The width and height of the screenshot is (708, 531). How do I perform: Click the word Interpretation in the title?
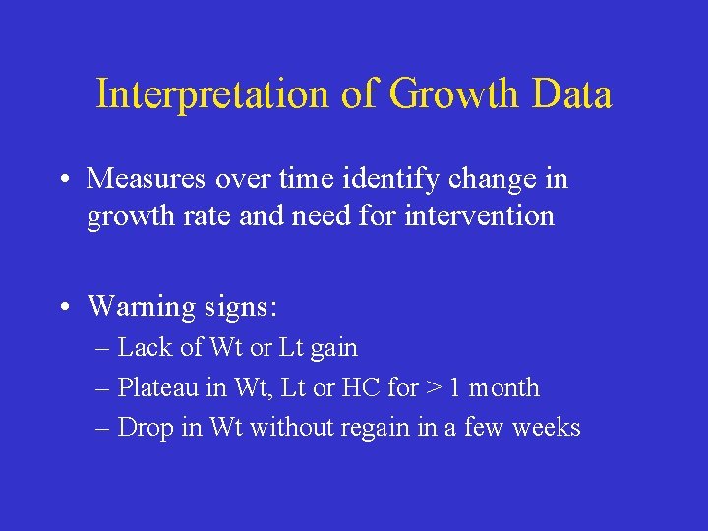click(211, 95)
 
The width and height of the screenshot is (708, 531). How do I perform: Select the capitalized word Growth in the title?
click(453, 95)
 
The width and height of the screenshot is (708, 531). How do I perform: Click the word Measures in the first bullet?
click(145, 179)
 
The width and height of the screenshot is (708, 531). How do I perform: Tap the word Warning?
click(142, 307)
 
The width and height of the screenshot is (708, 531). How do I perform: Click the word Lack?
click(143, 348)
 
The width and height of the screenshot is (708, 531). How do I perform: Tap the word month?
click(503, 388)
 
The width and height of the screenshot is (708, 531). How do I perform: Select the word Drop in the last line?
click(145, 428)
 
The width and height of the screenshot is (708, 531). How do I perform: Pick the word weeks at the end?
click(546, 428)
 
